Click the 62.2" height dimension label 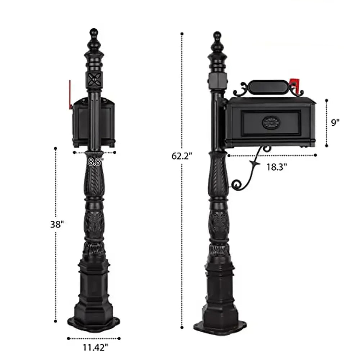pos(181,156)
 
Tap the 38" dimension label pos(57,224)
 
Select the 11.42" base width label pos(95,347)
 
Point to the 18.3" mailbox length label pos(276,167)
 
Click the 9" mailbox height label pos(335,122)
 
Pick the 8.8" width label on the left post pos(95,161)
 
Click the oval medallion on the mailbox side pos(271,122)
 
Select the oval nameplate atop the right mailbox pos(268,87)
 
